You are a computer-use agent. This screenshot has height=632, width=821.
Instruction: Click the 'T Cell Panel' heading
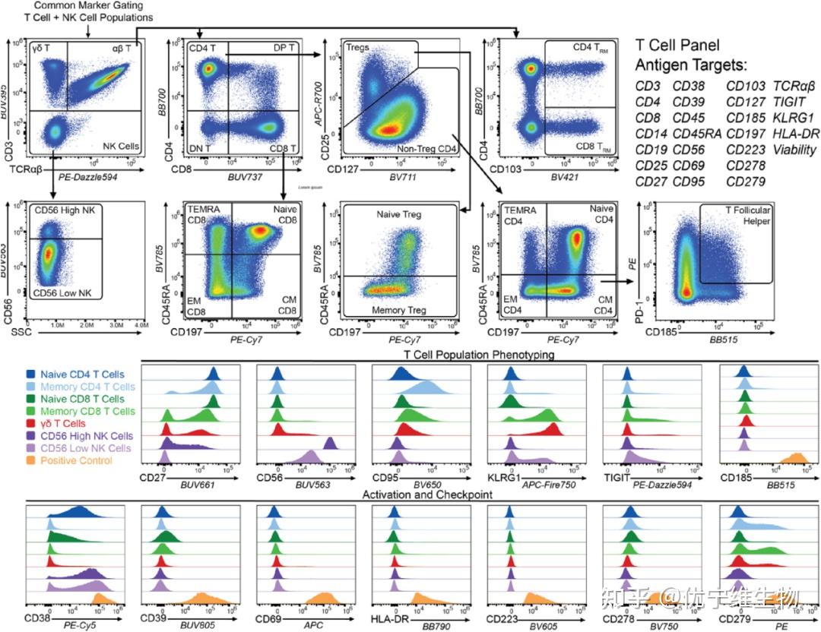(677, 45)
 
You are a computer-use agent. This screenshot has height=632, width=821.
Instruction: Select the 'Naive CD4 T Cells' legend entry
(84, 374)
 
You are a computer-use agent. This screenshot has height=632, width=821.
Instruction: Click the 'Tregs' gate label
(358, 47)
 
